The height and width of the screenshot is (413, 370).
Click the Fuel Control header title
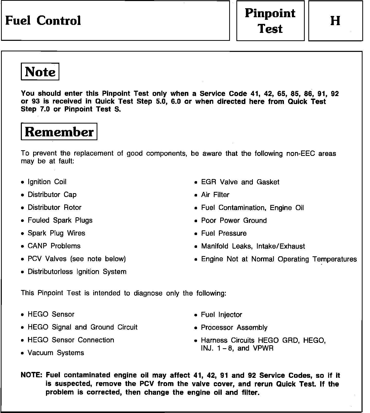43,21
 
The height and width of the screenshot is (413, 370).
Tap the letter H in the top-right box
335,21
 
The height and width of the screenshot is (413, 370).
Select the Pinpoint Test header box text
270,21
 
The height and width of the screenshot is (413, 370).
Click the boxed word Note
40,72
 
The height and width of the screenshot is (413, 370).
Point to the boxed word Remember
59,132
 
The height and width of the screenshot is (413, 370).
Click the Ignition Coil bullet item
47,182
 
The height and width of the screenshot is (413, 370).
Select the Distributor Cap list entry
52,195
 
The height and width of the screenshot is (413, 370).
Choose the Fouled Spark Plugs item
60,220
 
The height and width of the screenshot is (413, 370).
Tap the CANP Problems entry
54,246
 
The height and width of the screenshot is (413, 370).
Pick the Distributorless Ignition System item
77,272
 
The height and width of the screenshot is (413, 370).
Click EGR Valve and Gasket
240,182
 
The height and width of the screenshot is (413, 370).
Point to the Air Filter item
215,195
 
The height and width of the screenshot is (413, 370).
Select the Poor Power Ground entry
234,221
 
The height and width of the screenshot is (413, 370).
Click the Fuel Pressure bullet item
224,233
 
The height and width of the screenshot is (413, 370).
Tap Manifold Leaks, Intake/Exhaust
253,246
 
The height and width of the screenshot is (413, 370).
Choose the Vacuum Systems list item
56,353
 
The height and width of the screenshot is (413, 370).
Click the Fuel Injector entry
221,315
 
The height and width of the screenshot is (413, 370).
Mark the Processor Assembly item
234,327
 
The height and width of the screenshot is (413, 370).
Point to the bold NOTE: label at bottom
31,375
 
